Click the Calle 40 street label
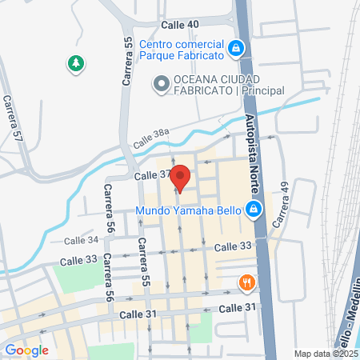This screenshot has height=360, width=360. [180, 26]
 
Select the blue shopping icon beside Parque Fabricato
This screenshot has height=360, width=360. [235, 50]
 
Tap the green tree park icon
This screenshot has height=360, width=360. [76, 63]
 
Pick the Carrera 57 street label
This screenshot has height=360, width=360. [11, 118]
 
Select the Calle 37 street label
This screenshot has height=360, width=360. [153, 175]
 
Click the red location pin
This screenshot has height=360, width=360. [181, 177]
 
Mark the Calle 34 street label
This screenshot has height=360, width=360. [81, 240]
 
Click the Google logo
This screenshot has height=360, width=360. [26, 350]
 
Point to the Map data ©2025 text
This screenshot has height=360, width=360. [325, 354]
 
